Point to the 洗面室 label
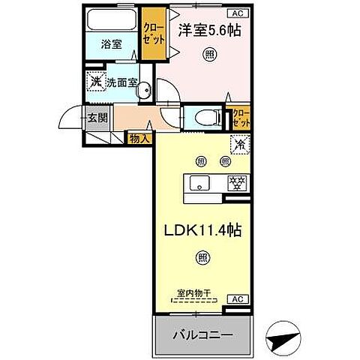click(120, 83)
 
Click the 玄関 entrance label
click(96, 117)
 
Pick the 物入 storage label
click(139, 138)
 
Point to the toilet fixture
click(205, 116)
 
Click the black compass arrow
click(284, 340)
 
